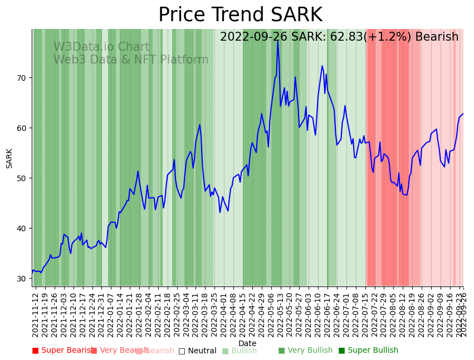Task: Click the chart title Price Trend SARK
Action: pos(240,15)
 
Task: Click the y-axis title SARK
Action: pos(9,158)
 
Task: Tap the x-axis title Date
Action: pos(247,343)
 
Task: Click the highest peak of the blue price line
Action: pos(277,41)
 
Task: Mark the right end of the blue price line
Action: pos(463,114)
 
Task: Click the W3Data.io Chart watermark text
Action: pos(101,47)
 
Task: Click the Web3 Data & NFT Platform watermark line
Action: pos(131,60)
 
